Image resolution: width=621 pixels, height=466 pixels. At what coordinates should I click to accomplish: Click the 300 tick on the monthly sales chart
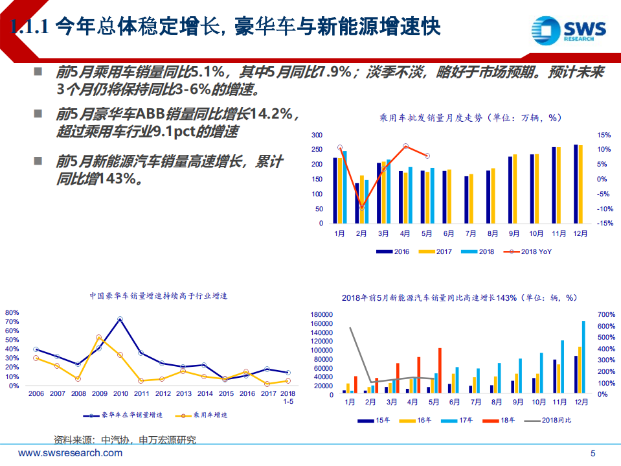317,135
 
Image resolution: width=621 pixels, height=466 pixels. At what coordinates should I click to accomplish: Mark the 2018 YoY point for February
361,207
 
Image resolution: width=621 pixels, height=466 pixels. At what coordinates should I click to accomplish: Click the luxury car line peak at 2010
120,320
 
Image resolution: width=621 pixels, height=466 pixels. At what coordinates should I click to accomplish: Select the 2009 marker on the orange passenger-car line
98,338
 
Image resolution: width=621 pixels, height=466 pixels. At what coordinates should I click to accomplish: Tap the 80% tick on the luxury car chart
12,312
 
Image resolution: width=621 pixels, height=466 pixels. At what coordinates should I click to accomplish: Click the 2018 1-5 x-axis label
288,397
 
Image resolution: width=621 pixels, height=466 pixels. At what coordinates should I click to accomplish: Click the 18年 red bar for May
440,370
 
